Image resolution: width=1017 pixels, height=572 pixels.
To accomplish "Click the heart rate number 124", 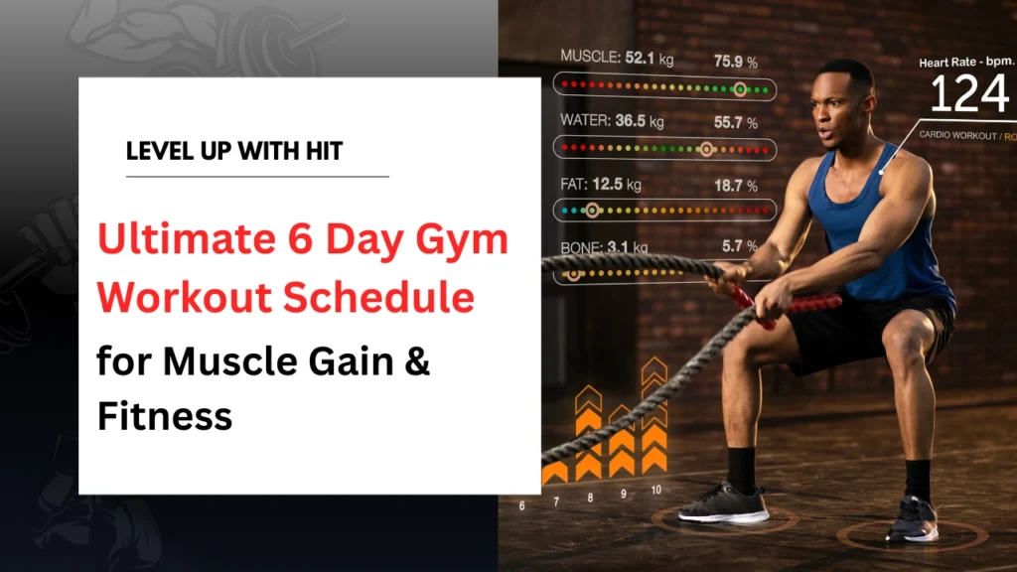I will [969, 96].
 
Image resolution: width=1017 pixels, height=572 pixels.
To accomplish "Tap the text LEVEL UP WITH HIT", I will [234, 152].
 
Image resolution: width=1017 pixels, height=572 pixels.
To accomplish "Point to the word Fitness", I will [164, 414].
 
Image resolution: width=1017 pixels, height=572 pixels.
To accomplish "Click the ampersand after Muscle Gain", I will [418, 361].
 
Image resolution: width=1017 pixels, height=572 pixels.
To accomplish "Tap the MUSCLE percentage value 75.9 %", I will [735, 61].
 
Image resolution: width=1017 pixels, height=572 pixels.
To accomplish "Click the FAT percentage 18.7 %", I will [735, 185].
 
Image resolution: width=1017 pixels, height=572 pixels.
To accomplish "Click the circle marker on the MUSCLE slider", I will [739, 89].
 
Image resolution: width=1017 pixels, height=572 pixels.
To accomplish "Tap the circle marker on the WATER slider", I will [706, 150].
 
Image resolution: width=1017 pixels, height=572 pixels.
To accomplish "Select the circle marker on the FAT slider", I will [593, 211].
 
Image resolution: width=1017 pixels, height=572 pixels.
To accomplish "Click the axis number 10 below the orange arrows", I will [654, 490].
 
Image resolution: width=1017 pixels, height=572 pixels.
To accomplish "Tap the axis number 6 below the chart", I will [522, 505].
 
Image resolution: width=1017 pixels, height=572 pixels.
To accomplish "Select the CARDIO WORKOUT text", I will [959, 135].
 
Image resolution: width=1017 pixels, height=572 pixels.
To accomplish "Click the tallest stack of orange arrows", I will [654, 417].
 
